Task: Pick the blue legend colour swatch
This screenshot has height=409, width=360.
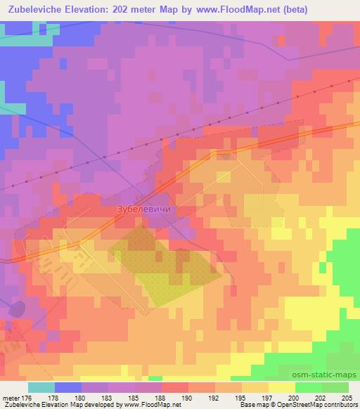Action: click(68, 387)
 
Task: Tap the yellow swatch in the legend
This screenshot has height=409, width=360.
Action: click(281, 387)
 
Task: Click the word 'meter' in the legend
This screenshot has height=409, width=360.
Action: click(11, 398)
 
